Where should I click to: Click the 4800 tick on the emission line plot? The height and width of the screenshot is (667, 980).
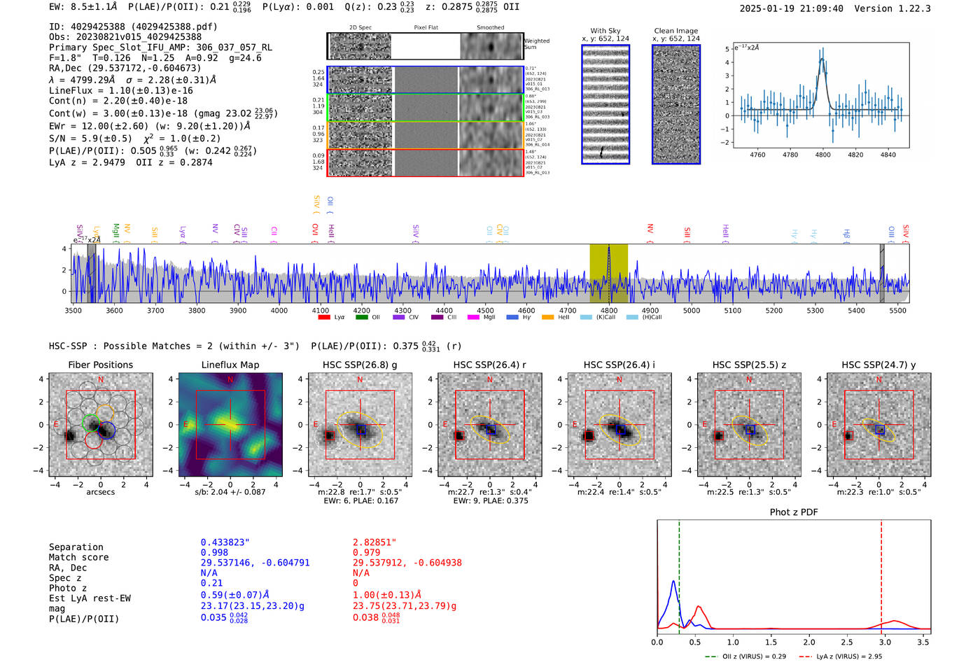[x=822, y=155]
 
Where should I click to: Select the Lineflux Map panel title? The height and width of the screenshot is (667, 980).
[x=230, y=365]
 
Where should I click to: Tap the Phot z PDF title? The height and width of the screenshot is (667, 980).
[x=793, y=512]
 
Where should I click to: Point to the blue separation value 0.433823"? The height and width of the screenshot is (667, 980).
[x=225, y=542]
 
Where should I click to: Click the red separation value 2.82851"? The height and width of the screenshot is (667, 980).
[x=374, y=542]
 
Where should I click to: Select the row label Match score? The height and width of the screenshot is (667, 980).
[x=78, y=557]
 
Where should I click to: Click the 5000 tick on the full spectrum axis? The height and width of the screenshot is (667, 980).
[x=691, y=311]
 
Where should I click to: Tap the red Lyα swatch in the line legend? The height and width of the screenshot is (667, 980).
[x=324, y=317]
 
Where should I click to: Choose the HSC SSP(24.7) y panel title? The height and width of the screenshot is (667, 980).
[x=878, y=365]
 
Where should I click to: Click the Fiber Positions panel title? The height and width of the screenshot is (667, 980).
[x=100, y=365]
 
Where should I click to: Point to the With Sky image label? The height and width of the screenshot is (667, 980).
[x=605, y=31]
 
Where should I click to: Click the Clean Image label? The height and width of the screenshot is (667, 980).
[x=675, y=31]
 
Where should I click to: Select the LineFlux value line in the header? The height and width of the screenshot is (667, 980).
[x=120, y=90]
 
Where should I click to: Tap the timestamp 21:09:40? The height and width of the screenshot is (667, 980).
[x=820, y=8]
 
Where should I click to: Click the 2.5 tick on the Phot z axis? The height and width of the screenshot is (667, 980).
[x=847, y=642]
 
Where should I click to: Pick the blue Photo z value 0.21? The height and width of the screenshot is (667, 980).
[x=211, y=583]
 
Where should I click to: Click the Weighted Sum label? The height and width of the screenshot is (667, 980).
[x=536, y=44]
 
